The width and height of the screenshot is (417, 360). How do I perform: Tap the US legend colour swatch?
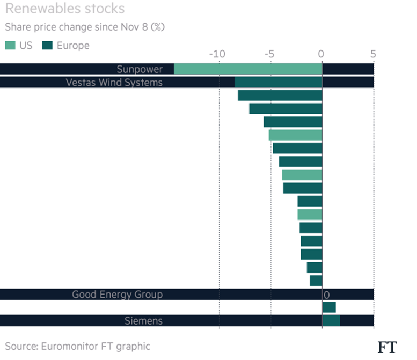click(x=10, y=46)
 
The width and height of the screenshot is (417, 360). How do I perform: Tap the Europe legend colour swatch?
click(x=47, y=46)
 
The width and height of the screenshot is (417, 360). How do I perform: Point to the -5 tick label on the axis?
click(x=269, y=54)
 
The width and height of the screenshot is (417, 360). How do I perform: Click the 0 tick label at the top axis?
click(x=321, y=54)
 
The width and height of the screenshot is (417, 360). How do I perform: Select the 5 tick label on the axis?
click(x=373, y=54)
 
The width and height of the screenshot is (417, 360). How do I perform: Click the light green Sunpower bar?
click(x=247, y=69)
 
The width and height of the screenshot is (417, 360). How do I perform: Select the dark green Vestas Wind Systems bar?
click(x=278, y=83)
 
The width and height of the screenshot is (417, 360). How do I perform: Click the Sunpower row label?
click(x=140, y=69)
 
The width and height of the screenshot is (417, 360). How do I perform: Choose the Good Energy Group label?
click(x=117, y=295)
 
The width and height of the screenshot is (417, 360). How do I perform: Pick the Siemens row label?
click(x=143, y=321)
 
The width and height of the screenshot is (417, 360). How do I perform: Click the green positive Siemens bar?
click(x=331, y=321)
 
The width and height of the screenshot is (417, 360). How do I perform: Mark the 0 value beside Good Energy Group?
click(x=326, y=295)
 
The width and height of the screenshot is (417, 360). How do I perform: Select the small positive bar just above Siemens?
click(x=328, y=307)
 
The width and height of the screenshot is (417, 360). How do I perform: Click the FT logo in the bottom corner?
click(x=387, y=347)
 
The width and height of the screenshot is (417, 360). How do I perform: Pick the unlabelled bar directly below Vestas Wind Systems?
click(x=280, y=95)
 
